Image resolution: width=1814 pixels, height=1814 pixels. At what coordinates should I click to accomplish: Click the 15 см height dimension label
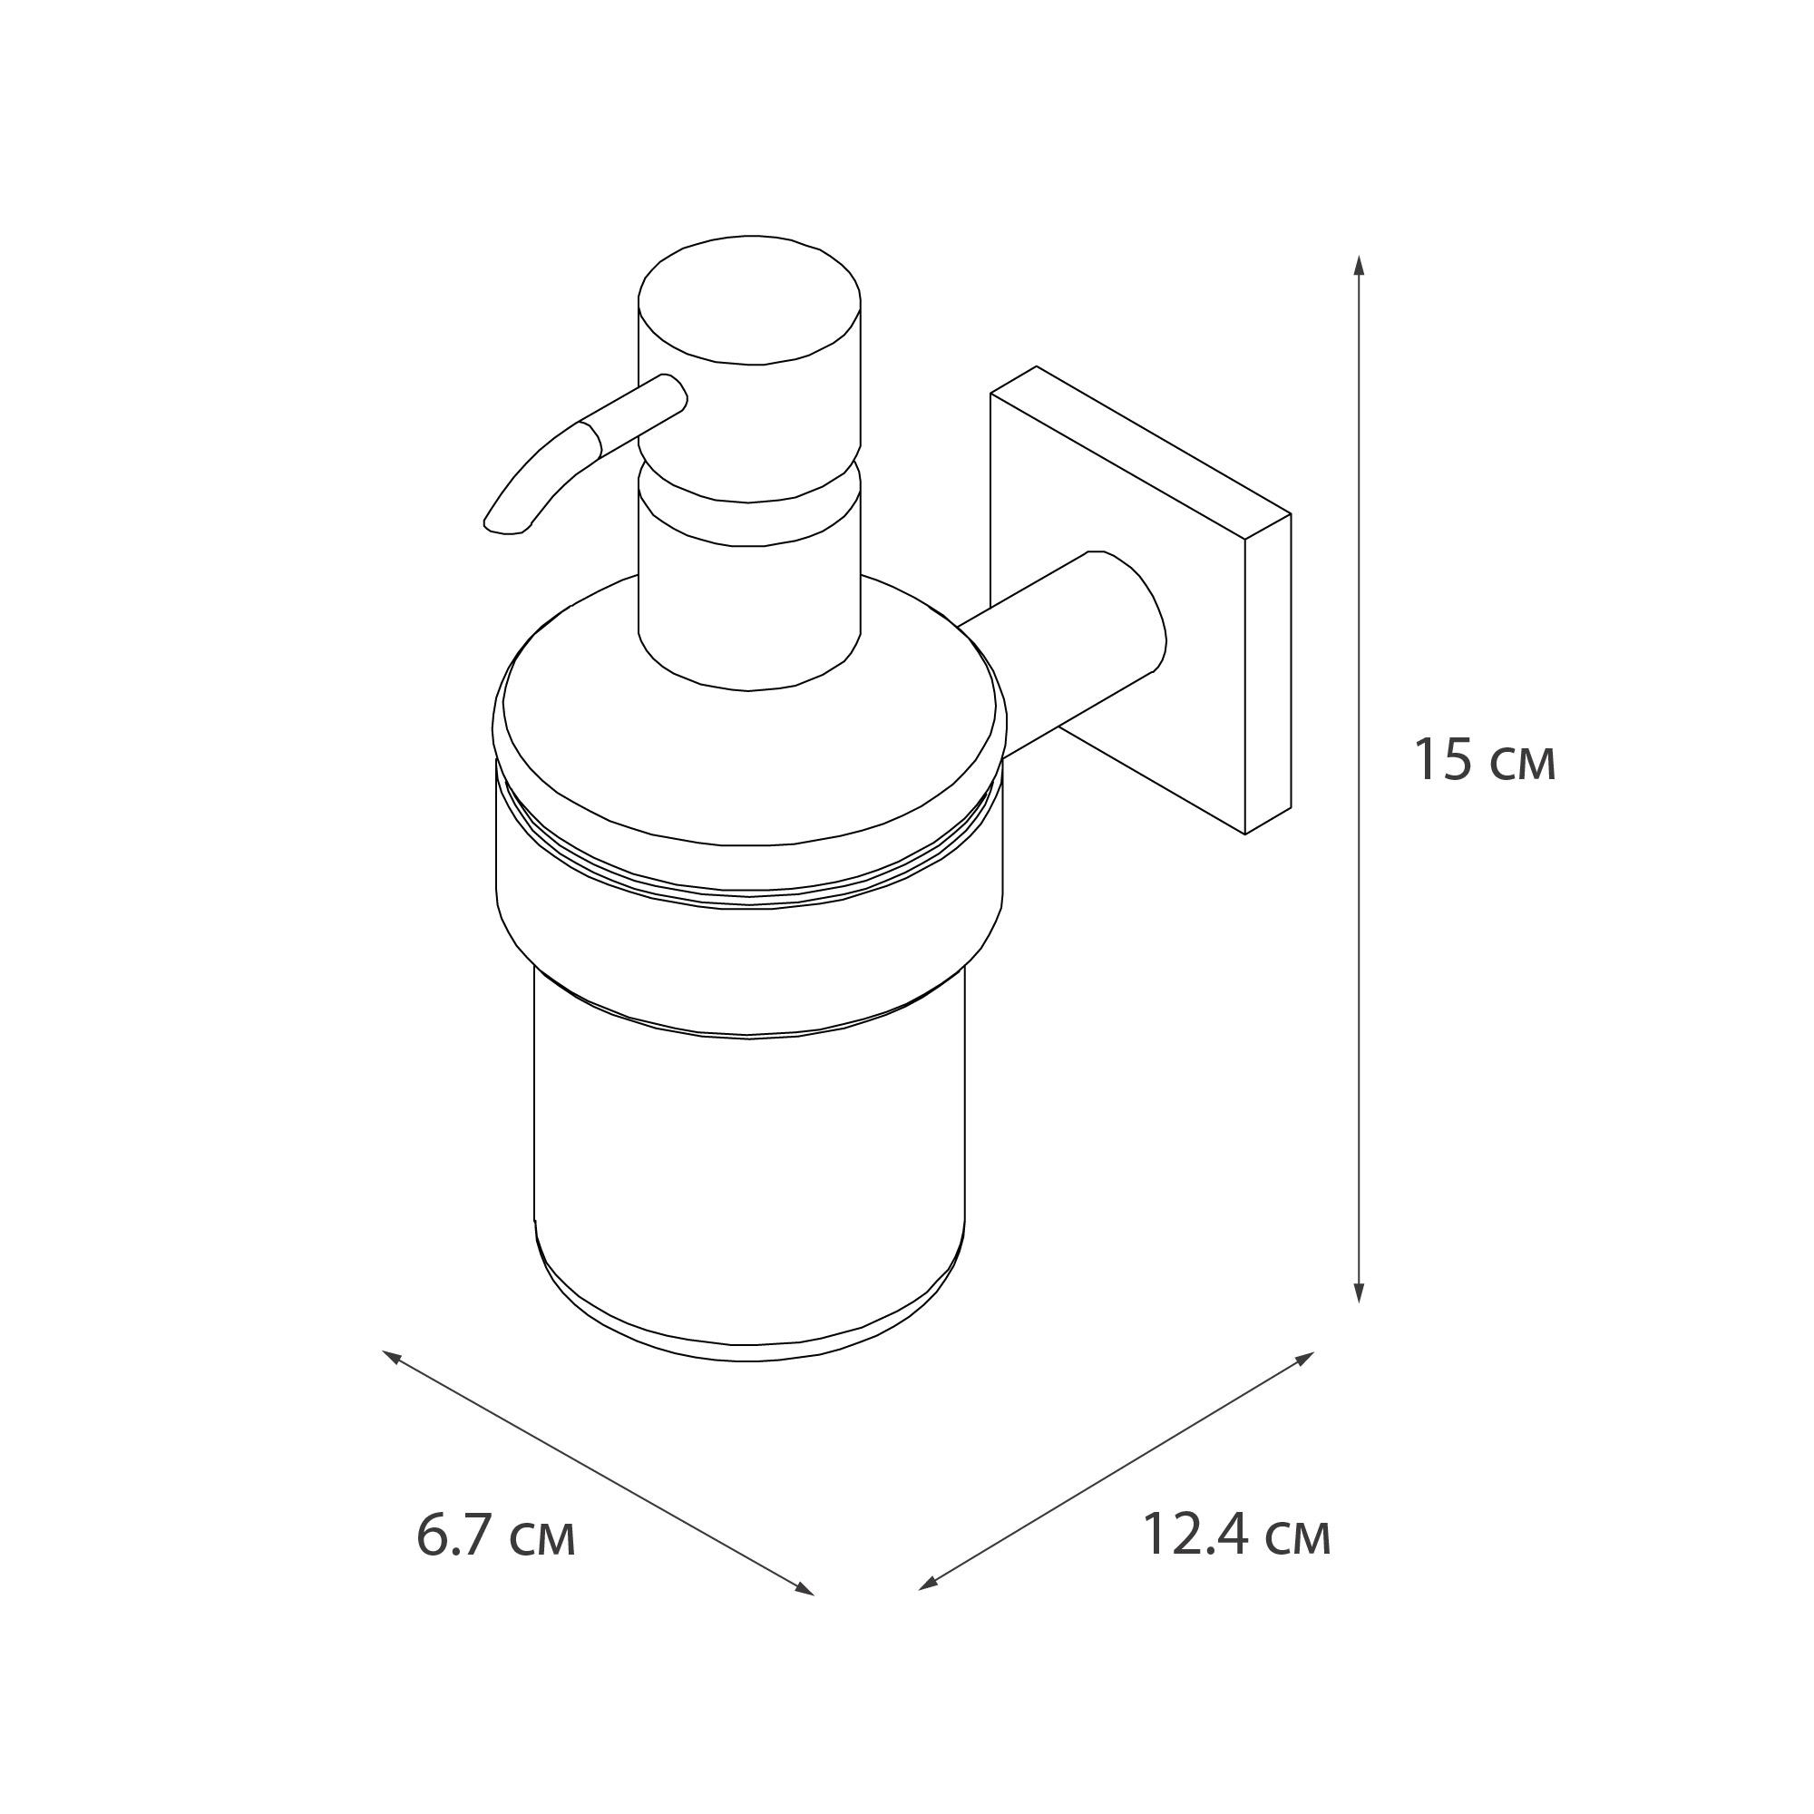click(x=1485, y=761)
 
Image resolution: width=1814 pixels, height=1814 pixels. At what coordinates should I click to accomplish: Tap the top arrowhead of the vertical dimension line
click(x=1359, y=262)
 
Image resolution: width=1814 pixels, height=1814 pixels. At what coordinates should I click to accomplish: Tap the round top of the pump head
click(x=748, y=298)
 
